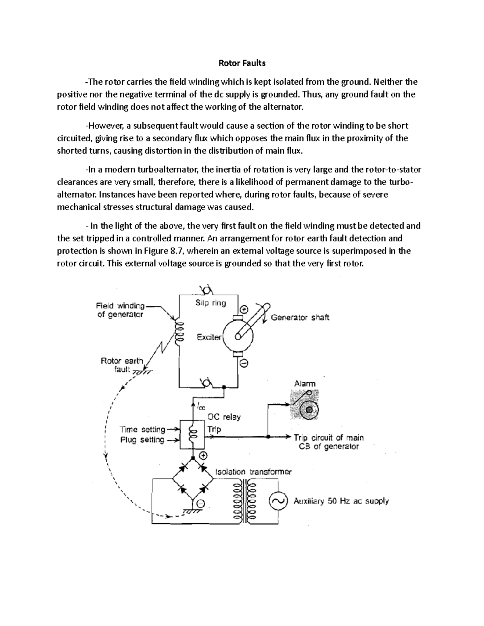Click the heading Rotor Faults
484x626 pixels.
coord(242,63)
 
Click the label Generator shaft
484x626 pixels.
coord(300,317)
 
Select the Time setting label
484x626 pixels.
coord(143,429)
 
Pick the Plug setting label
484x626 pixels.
coord(142,440)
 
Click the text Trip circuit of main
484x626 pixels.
coord(329,437)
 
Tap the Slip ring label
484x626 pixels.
coord(211,303)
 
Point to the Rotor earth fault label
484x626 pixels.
coord(121,365)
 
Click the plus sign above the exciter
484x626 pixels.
coord(244,310)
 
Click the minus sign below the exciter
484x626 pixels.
coord(244,363)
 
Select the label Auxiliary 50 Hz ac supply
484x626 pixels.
coord(341,501)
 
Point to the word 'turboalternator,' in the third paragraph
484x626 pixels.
coord(165,169)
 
